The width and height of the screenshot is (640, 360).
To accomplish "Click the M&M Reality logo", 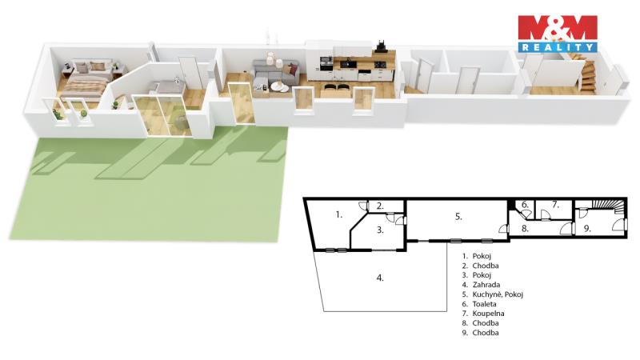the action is pos(558,34).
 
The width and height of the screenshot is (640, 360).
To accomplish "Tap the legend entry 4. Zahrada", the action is pos(481,285).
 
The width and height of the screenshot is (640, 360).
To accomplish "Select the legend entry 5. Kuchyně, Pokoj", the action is pos(492,294).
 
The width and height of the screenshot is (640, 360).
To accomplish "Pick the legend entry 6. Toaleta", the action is pos(479,304).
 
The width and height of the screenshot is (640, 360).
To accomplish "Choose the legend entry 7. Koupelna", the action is pos(483,314).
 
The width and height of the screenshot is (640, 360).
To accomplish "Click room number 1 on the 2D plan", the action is pos(338,214).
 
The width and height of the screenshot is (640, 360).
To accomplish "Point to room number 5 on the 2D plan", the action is pos(458,216).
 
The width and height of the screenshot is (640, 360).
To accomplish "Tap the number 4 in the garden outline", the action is pos(380,278).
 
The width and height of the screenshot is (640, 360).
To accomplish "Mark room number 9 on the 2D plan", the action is pos(587,229).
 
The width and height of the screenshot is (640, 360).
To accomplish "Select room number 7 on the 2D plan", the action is pos(555,205).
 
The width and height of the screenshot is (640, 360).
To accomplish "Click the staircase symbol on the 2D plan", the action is pos(609,206).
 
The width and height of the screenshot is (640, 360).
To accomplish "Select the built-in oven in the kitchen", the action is pos(326,62).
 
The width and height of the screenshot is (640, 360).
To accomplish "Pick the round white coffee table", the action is pos(279,86).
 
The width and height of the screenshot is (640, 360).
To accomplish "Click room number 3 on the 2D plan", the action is pos(380,230).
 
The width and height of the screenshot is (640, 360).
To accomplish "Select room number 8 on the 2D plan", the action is pos(525,229).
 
